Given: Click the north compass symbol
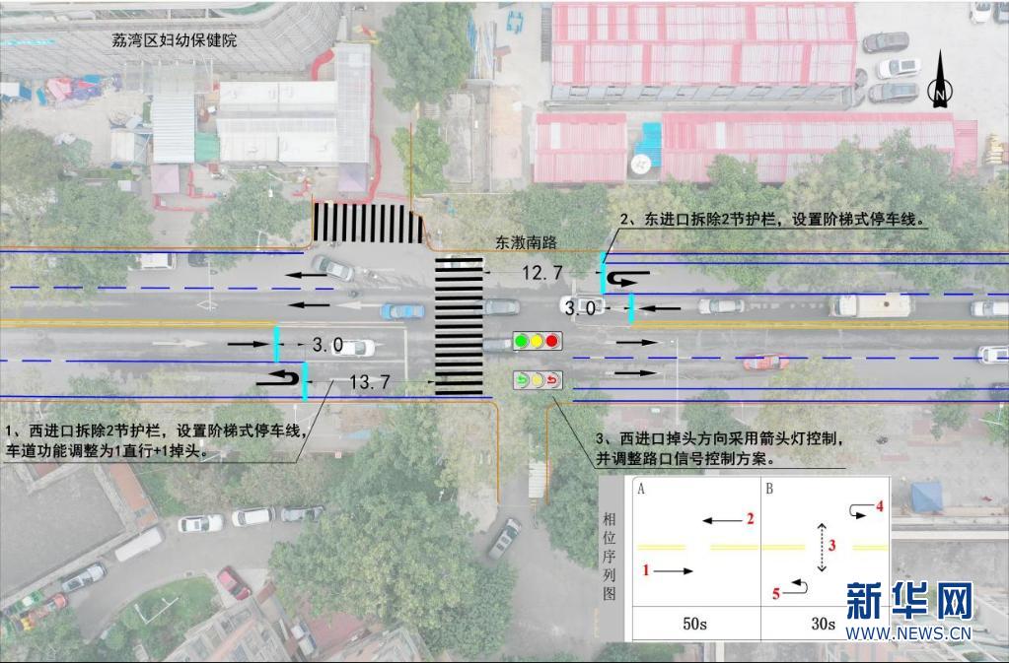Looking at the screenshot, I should point(941,83).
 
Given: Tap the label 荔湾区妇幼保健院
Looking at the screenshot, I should point(176,41).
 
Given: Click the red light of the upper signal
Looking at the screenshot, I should point(552,342).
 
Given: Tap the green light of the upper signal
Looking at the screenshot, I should point(521,342).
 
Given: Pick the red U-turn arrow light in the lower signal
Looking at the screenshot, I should point(552,379).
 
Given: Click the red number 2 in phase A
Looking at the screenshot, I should point(750,518).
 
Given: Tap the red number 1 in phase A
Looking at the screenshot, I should point(646,569).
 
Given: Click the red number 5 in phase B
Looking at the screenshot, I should point(775,593).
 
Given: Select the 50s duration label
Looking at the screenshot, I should point(693,624).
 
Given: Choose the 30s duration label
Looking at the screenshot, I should point(822,624).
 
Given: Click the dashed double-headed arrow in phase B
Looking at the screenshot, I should point(821,548).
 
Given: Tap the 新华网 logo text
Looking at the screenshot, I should point(908,601).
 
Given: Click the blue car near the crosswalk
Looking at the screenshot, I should point(402,311).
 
